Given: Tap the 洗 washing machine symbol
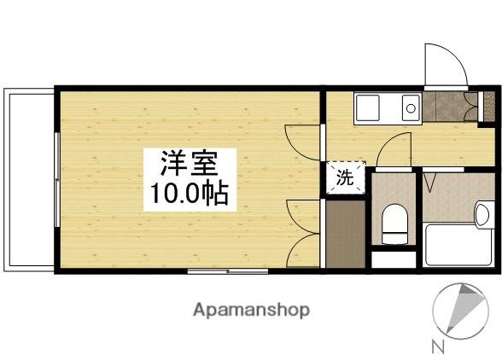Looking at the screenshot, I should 344,178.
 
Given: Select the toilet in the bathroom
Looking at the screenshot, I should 394,224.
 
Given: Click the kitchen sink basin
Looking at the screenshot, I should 370,107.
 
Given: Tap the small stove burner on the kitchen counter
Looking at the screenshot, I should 410,108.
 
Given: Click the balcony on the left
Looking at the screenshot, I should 30,179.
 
